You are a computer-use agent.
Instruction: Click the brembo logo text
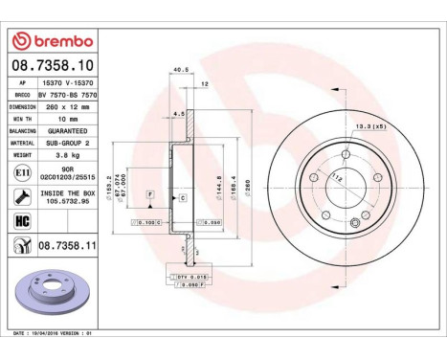pyautogui.click(x=58, y=41)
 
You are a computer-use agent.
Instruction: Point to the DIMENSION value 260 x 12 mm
pyautogui.click(x=66, y=107)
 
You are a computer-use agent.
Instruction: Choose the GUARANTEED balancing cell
pyautogui.click(x=64, y=130)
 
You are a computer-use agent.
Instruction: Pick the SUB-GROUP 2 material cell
pyautogui.click(x=64, y=141)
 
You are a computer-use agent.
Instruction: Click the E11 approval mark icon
pyautogui.click(x=20, y=171)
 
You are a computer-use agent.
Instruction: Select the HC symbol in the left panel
pyautogui.click(x=20, y=222)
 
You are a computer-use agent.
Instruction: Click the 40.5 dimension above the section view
pyautogui.click(x=177, y=68)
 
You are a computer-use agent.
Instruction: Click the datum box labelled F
pyautogui.click(x=149, y=194)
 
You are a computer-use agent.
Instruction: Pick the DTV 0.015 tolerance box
pyautogui.click(x=190, y=276)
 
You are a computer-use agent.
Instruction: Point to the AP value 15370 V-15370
pyautogui.click(x=64, y=84)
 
